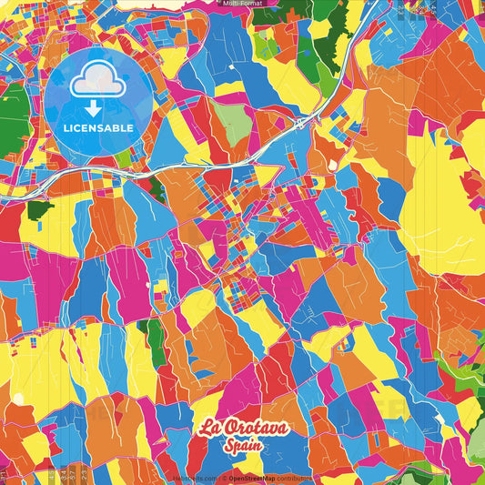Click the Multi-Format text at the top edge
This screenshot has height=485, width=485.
(x=242, y=4)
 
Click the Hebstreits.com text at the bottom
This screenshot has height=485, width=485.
(x=192, y=477)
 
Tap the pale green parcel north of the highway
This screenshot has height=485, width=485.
(x=236, y=125)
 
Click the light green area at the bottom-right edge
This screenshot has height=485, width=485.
(x=475, y=446)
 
